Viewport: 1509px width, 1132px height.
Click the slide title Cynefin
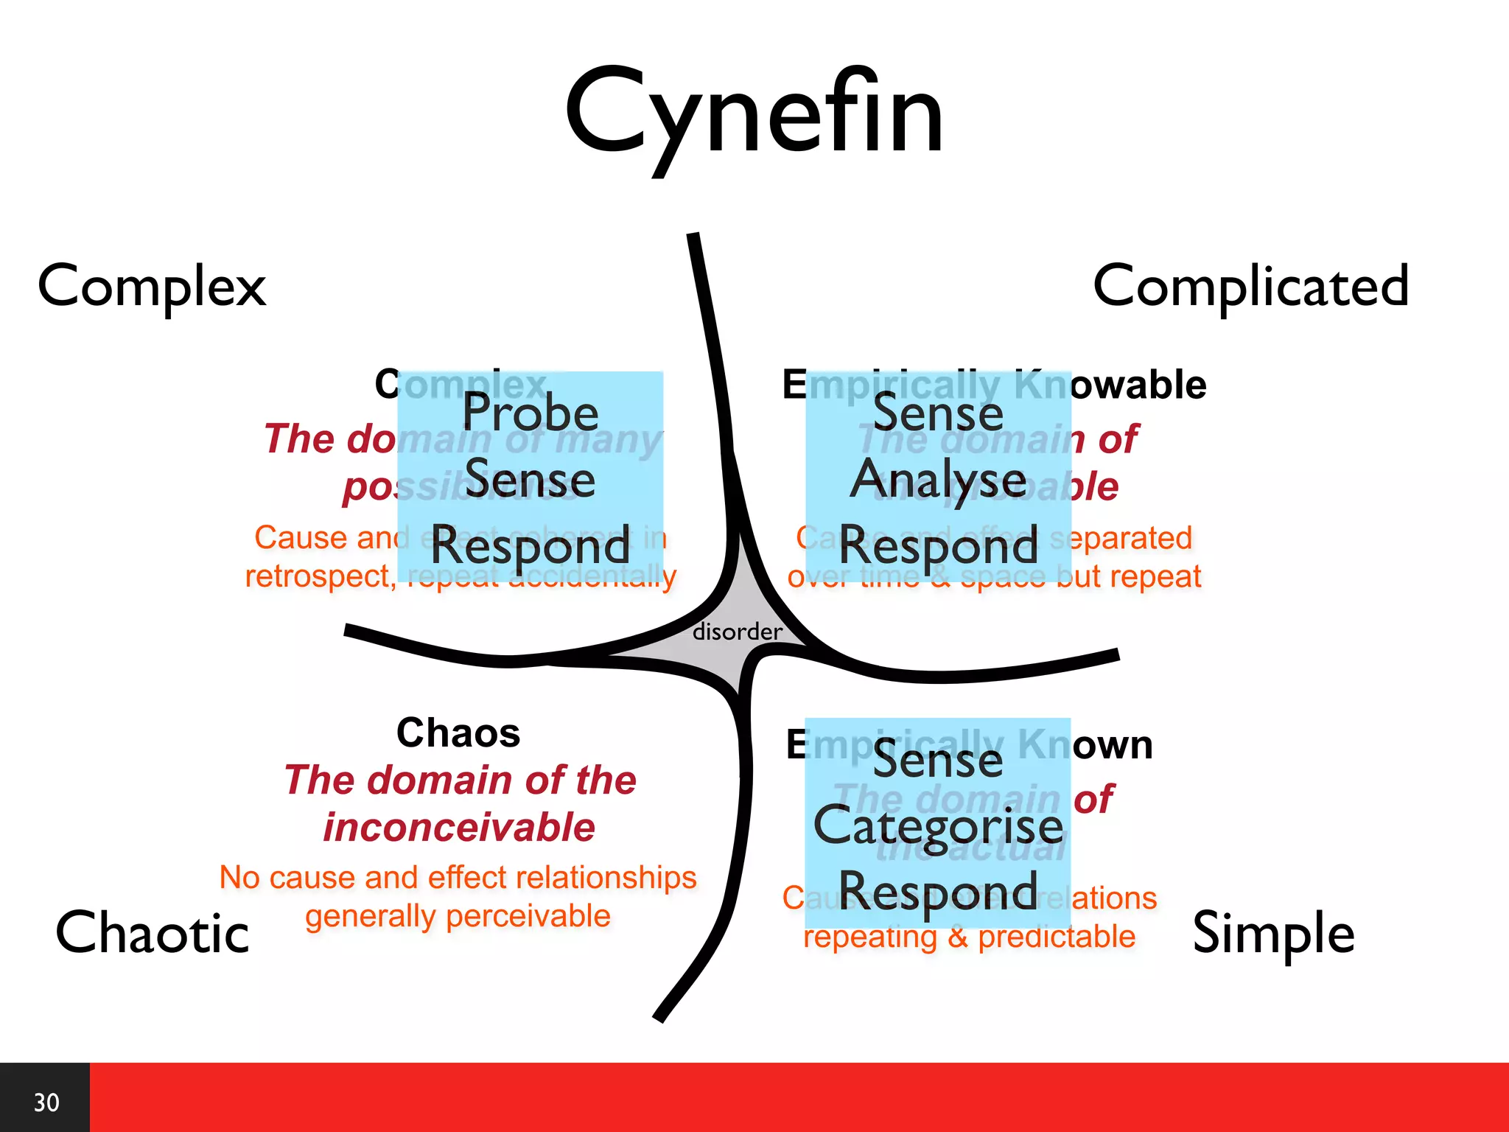(754, 114)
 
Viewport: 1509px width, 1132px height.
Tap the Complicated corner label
(1250, 286)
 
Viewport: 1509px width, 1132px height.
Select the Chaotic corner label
(153, 933)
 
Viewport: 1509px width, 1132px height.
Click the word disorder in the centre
(737, 632)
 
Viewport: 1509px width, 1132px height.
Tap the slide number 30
(46, 1103)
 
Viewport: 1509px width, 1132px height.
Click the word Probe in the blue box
(530, 413)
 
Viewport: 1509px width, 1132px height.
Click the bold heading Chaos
(458, 733)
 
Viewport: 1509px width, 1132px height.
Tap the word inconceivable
(459, 827)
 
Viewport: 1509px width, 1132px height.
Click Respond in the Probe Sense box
(530, 546)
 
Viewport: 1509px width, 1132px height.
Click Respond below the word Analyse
(938, 546)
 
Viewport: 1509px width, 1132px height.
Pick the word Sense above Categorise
(938, 760)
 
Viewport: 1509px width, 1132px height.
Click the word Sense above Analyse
(938, 413)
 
